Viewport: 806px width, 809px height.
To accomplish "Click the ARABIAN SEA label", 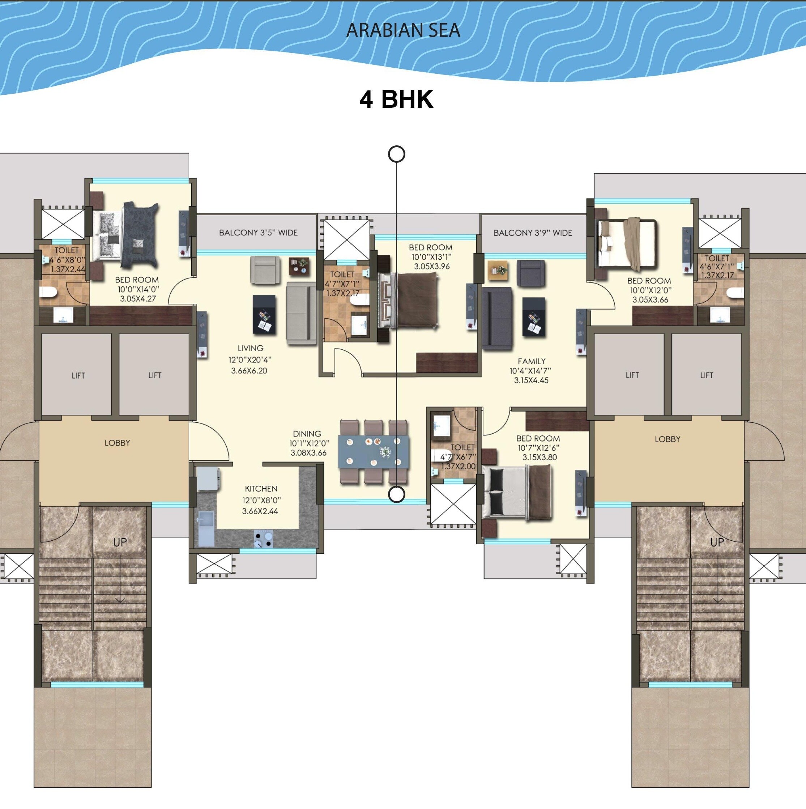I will (403, 30).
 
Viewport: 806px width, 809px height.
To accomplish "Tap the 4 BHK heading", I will (397, 100).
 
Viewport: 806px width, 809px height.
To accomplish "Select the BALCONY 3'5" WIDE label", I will (258, 233).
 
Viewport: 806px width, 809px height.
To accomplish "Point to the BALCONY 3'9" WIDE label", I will (533, 233).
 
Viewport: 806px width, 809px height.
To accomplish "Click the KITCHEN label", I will (261, 489).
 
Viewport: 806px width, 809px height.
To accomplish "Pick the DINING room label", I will (307, 434).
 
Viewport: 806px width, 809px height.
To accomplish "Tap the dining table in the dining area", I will (374, 452).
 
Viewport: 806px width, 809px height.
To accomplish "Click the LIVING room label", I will (250, 348).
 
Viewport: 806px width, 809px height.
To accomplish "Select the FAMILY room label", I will (531, 361).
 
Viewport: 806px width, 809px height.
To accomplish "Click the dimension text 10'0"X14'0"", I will (138, 289).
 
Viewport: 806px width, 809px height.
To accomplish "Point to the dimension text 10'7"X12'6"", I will (538, 448).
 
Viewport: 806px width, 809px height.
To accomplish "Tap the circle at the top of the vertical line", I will (397, 154).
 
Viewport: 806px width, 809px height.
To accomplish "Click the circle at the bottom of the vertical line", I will (397, 494).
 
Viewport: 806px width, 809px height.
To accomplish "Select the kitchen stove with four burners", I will (263, 539).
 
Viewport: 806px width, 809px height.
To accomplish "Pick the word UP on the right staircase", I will (717, 543).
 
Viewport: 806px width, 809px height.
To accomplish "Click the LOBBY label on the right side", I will (668, 439).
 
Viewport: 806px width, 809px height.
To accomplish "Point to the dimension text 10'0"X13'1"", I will (431, 257).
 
